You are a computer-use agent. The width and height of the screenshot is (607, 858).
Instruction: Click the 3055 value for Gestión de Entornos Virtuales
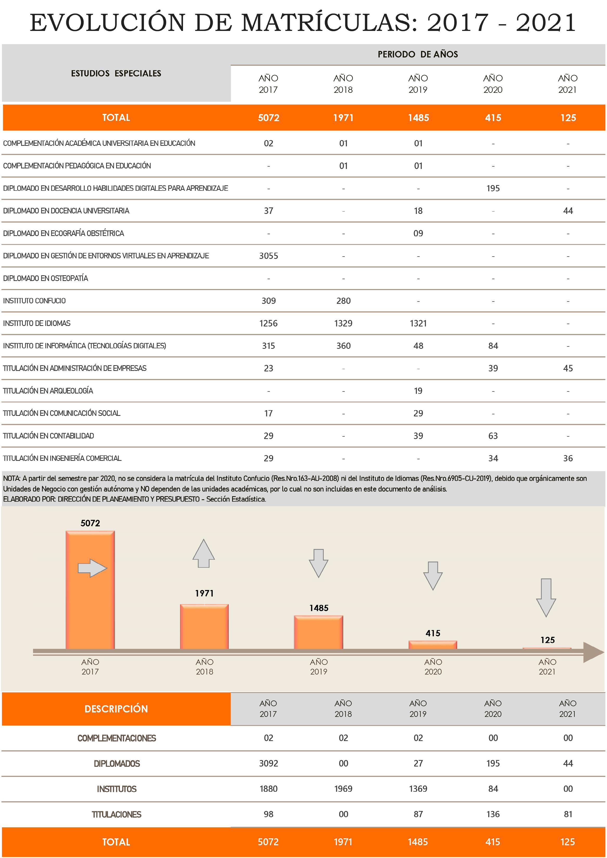[x=268, y=256]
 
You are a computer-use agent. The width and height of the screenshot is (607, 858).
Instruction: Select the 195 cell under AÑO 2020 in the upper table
[x=493, y=188]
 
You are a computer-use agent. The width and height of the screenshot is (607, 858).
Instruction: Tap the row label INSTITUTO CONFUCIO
[x=34, y=301]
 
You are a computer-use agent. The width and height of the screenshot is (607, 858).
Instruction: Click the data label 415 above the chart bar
[x=433, y=633]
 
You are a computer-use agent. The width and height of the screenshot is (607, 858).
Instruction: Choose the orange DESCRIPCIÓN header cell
[x=116, y=709]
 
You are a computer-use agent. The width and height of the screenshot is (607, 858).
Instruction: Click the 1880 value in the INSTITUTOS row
[x=268, y=789]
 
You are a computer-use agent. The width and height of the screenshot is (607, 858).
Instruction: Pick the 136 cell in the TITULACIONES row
[x=493, y=814]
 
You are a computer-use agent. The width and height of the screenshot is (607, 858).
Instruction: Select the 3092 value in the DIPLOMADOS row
[x=268, y=763]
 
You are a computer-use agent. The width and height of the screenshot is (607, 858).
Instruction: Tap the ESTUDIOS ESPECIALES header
[x=116, y=73]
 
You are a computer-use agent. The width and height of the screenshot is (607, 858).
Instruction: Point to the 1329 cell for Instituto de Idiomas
[x=343, y=323]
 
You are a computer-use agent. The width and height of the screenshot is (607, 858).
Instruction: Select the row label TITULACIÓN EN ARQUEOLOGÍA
[x=48, y=391]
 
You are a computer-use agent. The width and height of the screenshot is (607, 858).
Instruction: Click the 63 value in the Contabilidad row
[x=493, y=436]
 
